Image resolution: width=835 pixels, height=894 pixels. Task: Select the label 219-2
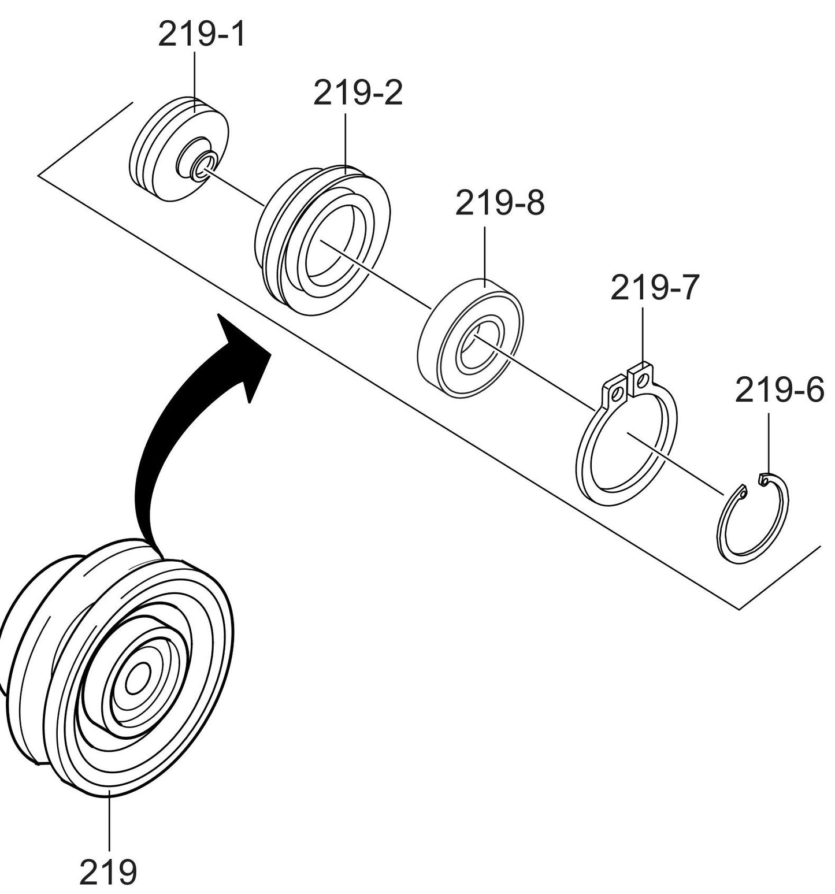pyautogui.click(x=357, y=94)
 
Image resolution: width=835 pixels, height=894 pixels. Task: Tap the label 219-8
pyautogui.click(x=499, y=204)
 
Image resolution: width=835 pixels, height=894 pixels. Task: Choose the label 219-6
pyautogui.click(x=779, y=391)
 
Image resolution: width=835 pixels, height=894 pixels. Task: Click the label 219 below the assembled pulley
pyautogui.click(x=108, y=871)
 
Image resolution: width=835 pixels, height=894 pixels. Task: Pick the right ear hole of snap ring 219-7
pyautogui.click(x=641, y=381)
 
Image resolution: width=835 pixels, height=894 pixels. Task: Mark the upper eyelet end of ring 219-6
pyautogui.click(x=764, y=480)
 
